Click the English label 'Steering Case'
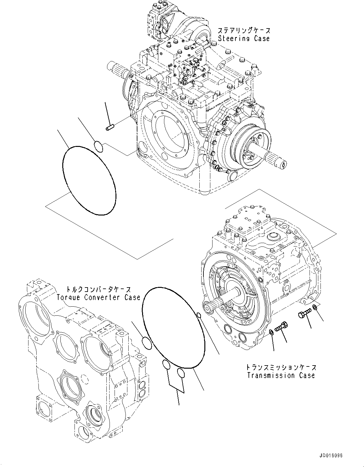[244, 39]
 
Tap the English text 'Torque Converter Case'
[98, 297]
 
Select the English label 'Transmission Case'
[280, 375]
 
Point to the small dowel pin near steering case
[109, 128]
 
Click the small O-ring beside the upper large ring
[98, 147]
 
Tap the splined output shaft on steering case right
[275, 160]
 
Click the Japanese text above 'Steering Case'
[244, 31]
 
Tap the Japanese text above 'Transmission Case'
[280, 367]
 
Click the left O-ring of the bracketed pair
[166, 365]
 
